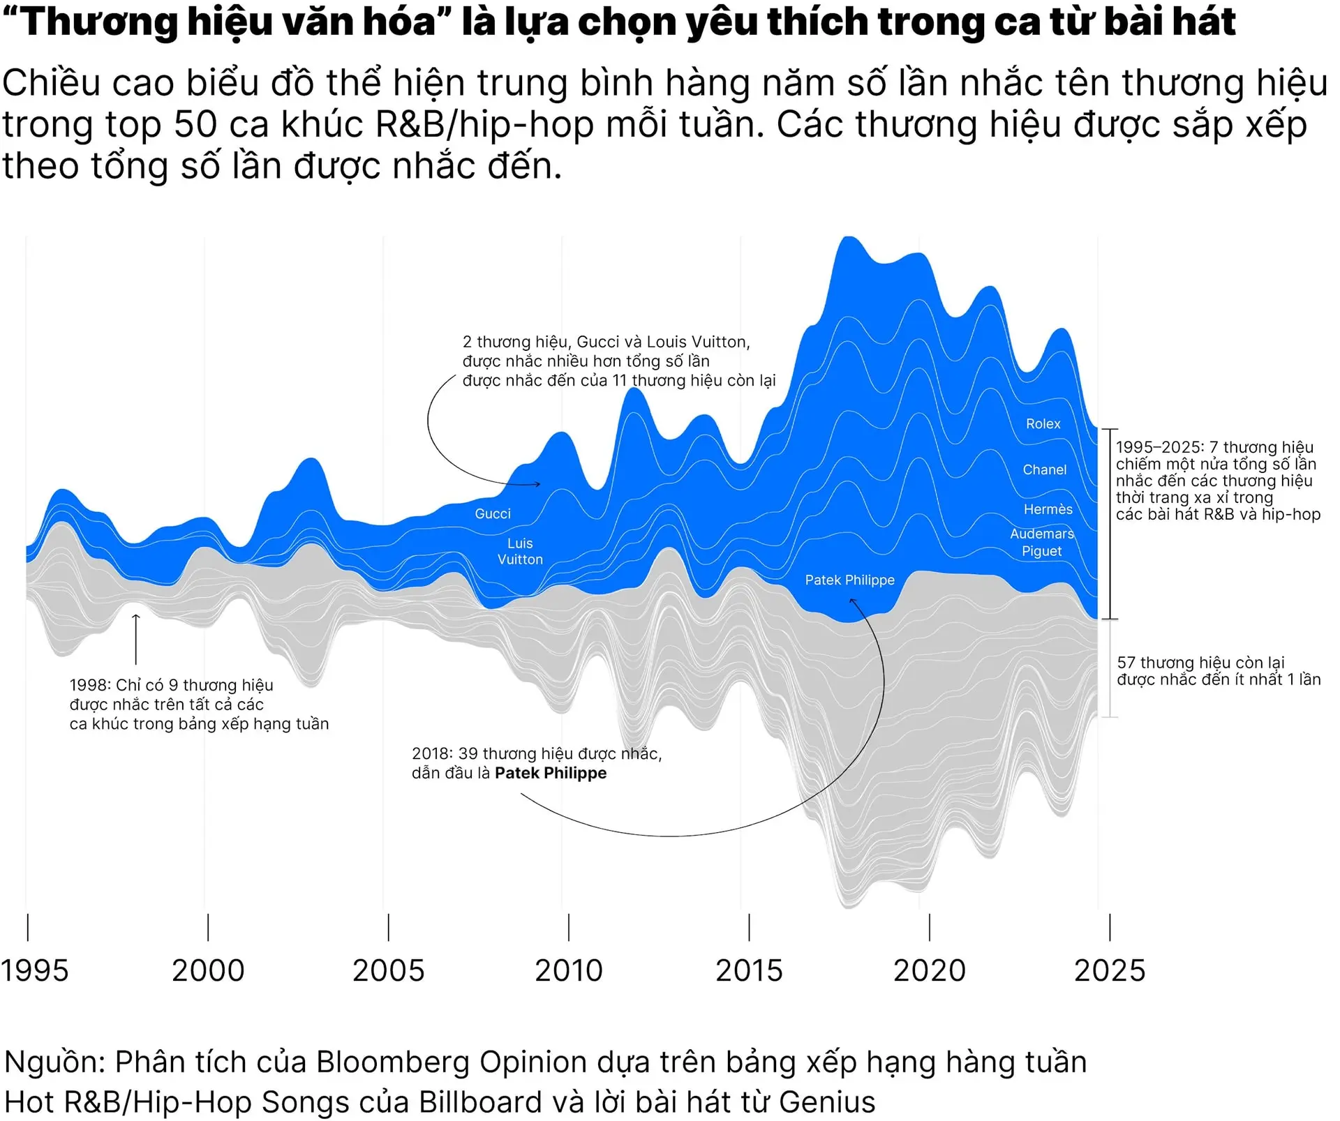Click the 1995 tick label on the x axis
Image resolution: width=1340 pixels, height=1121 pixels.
(x=35, y=970)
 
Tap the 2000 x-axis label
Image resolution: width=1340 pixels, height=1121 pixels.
(x=208, y=970)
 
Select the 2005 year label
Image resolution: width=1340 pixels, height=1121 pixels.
(x=388, y=970)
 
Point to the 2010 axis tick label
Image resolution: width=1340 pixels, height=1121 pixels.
(x=569, y=970)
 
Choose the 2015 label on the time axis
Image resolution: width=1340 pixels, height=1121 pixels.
(x=749, y=970)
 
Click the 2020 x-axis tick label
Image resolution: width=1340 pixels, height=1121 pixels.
(x=930, y=970)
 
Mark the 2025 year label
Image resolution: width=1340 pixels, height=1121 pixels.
(x=1110, y=970)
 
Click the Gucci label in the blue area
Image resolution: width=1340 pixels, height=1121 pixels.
(x=493, y=513)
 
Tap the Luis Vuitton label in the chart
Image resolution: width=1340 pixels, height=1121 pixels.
(x=520, y=551)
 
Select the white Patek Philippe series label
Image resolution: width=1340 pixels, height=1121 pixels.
(x=849, y=580)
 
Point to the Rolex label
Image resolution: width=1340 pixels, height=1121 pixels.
(x=1043, y=423)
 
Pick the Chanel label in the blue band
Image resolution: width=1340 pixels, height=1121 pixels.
(x=1044, y=469)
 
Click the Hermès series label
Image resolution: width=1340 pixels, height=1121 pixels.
(x=1048, y=509)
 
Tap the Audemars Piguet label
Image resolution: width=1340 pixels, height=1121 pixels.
(x=1041, y=542)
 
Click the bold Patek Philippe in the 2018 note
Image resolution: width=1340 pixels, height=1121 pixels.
(x=551, y=773)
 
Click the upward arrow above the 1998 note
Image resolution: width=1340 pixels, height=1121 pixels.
(x=136, y=638)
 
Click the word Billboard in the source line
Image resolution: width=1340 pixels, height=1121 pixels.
(x=480, y=1102)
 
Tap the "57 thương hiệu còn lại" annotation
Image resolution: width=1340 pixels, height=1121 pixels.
(x=1200, y=662)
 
